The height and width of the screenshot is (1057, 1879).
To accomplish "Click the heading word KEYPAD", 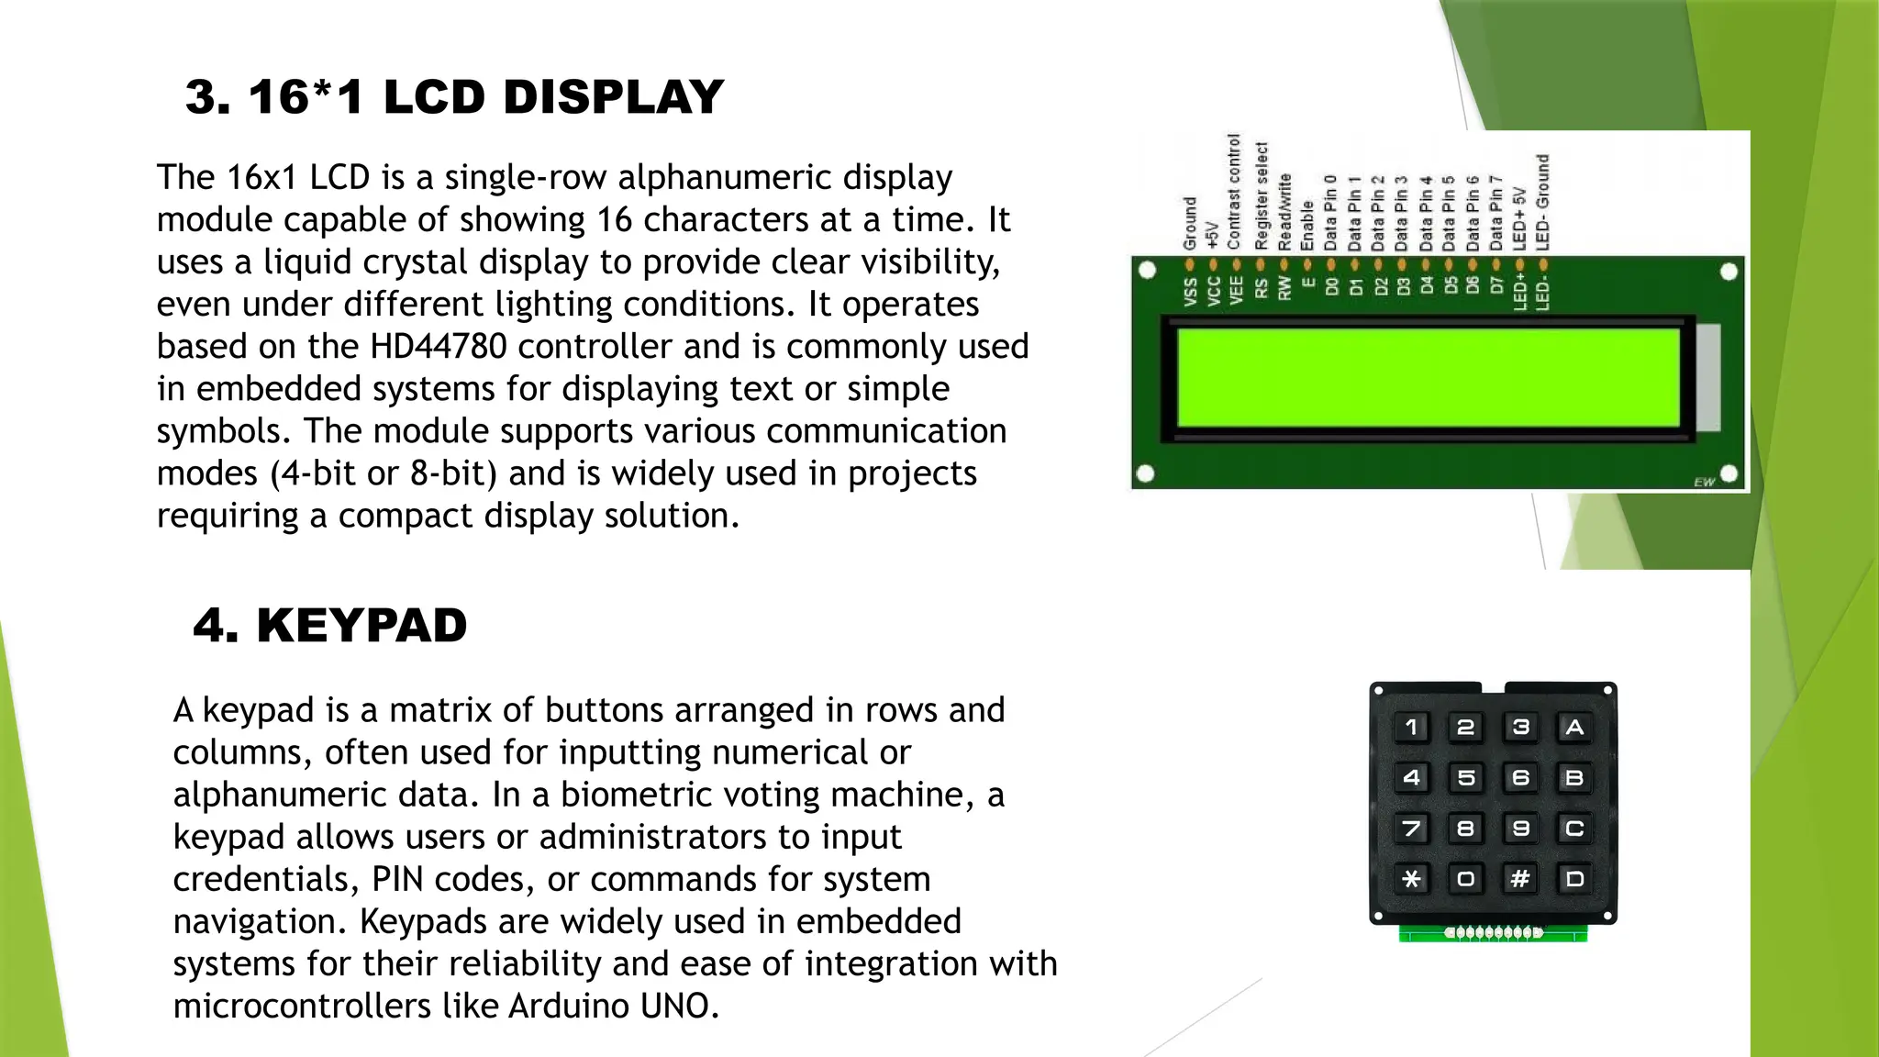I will click(x=361, y=626).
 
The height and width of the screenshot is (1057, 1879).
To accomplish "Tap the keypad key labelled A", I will click(x=1574, y=728).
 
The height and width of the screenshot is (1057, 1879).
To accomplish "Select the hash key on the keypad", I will click(x=1520, y=879).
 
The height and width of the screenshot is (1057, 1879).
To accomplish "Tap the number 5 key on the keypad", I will click(x=1466, y=778).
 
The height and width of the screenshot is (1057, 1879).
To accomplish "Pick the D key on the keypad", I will click(x=1574, y=879).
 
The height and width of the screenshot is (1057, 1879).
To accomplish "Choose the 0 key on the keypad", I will click(x=1466, y=879).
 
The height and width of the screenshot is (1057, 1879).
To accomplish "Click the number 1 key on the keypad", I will click(x=1412, y=728).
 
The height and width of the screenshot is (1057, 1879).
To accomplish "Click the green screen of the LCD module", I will click(x=1428, y=377).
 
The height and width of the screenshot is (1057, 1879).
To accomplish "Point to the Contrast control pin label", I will click(x=1234, y=192).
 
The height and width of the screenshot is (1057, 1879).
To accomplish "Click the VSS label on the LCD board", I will click(x=1190, y=293).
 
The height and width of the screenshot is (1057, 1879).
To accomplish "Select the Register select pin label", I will click(x=1261, y=195).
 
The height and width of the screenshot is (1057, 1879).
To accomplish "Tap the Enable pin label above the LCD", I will click(x=1307, y=226).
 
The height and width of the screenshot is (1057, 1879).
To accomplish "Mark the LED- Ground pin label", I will click(x=1542, y=202).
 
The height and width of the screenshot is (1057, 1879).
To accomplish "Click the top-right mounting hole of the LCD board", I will click(x=1729, y=272).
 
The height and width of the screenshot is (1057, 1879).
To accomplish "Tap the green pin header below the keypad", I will click(x=1493, y=933).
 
